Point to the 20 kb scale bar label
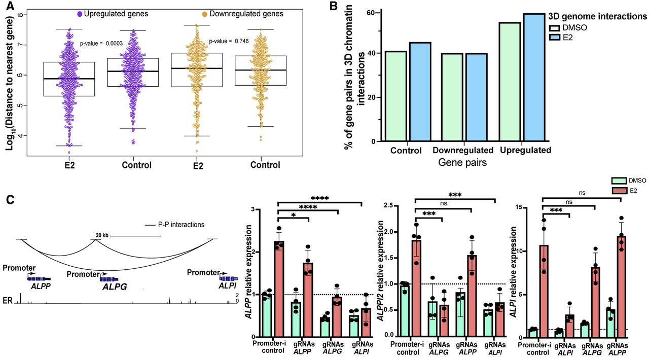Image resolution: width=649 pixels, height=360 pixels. [102, 235]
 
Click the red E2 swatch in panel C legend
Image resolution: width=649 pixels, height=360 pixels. [618, 189]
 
